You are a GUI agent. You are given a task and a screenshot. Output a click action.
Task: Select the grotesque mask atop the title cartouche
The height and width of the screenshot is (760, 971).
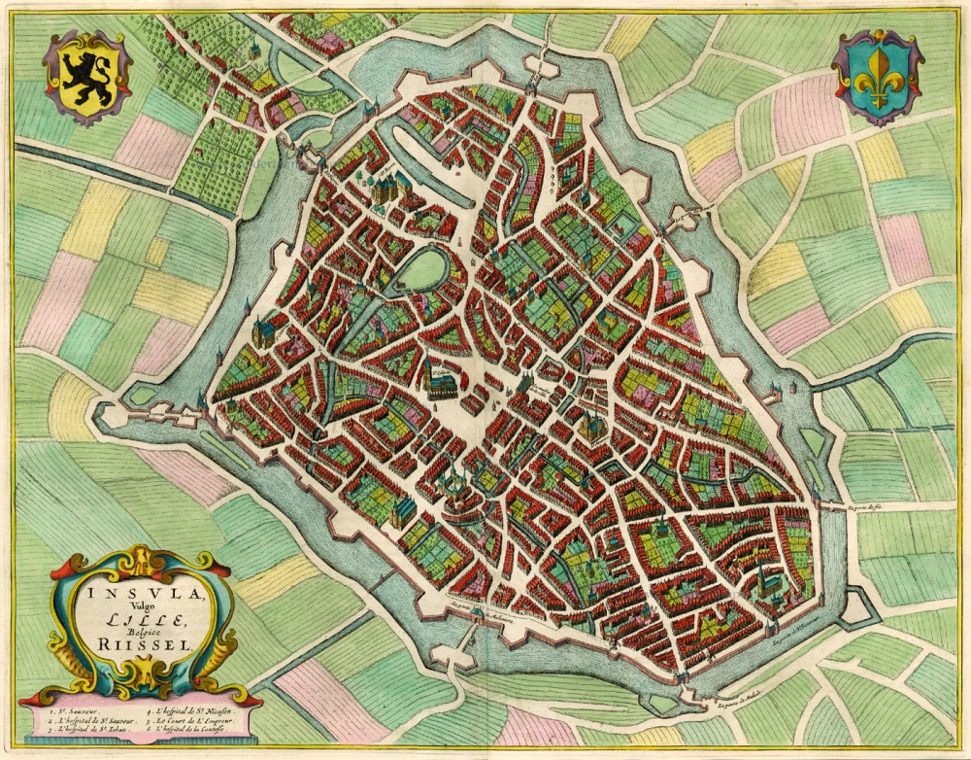coord(144,562)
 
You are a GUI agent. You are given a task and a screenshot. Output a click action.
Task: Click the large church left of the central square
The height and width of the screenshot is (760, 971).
coord(442,383)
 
